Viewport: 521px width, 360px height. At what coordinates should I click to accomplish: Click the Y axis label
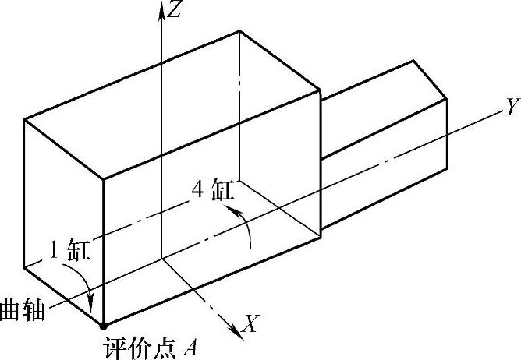(512, 108)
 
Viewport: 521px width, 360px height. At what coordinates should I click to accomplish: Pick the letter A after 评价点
(190, 346)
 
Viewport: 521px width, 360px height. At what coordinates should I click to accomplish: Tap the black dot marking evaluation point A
(102, 324)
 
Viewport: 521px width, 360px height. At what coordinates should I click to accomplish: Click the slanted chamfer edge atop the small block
(431, 80)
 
